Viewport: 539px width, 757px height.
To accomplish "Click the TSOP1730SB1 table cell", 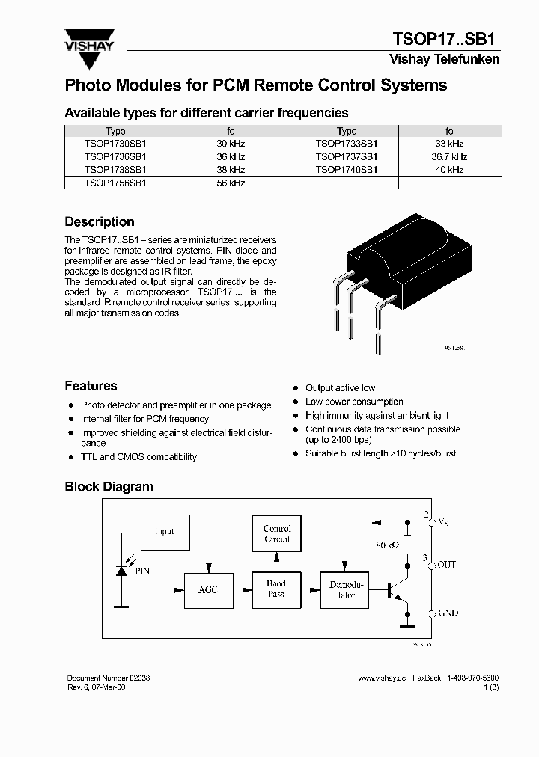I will [x=115, y=143].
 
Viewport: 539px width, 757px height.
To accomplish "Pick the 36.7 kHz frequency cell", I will [x=449, y=156].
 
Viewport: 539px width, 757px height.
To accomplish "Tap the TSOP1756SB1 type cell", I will [x=115, y=183].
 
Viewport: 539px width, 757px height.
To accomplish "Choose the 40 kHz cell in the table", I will [x=449, y=170].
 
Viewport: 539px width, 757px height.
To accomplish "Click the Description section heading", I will [x=100, y=222].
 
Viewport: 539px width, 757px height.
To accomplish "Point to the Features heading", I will [x=91, y=386].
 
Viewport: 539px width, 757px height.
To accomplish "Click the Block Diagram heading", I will [x=109, y=487].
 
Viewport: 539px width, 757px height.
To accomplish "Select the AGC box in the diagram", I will [x=208, y=589].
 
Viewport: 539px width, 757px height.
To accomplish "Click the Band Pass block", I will [x=276, y=589].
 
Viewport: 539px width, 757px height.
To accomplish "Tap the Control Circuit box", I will [x=276, y=534].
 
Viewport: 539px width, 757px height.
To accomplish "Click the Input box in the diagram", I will [x=164, y=532].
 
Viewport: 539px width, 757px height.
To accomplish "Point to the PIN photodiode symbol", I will [x=121, y=570].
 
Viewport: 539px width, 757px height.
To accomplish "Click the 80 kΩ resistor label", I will [x=386, y=545].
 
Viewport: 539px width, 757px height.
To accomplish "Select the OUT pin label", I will [x=446, y=565].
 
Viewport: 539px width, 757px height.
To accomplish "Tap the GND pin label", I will [x=447, y=613].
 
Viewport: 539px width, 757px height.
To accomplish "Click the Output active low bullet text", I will [x=340, y=388].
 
